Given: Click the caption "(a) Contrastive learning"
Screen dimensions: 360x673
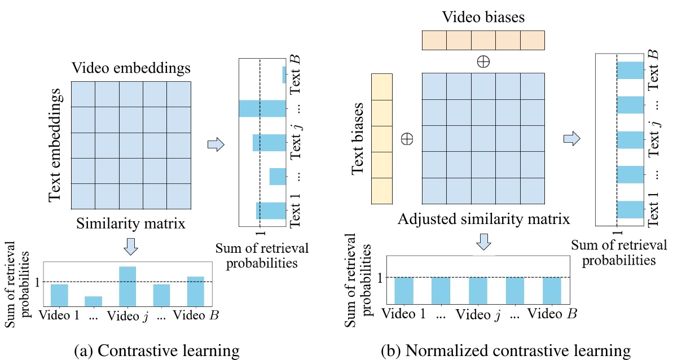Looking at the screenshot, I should point(157,351).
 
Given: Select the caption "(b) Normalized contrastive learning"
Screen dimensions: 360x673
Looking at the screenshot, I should point(506,351).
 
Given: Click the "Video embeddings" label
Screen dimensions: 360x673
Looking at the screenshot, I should point(131,68).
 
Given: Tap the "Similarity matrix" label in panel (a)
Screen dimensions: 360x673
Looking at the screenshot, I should point(131,224).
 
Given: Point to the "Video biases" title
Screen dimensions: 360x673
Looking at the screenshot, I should point(483,17).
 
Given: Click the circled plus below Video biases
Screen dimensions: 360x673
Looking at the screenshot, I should point(483,62).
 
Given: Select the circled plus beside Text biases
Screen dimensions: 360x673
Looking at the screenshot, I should point(407,139).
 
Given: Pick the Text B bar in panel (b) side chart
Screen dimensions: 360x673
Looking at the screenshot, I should point(630,70).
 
